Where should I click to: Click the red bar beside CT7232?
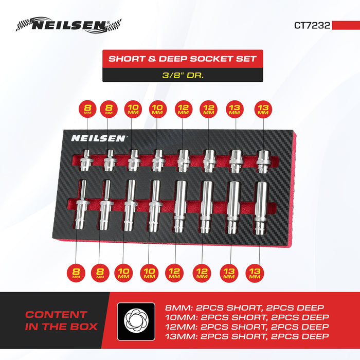[x=346, y=25]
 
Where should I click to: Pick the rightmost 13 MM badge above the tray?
[x=263, y=109]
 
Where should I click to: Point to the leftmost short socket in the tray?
[x=86, y=160]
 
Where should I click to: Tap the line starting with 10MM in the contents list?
[x=247, y=317]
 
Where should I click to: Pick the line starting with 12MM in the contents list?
[x=247, y=327]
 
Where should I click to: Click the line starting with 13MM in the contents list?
[x=247, y=337]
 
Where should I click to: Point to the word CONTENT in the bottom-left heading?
[x=57, y=314]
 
